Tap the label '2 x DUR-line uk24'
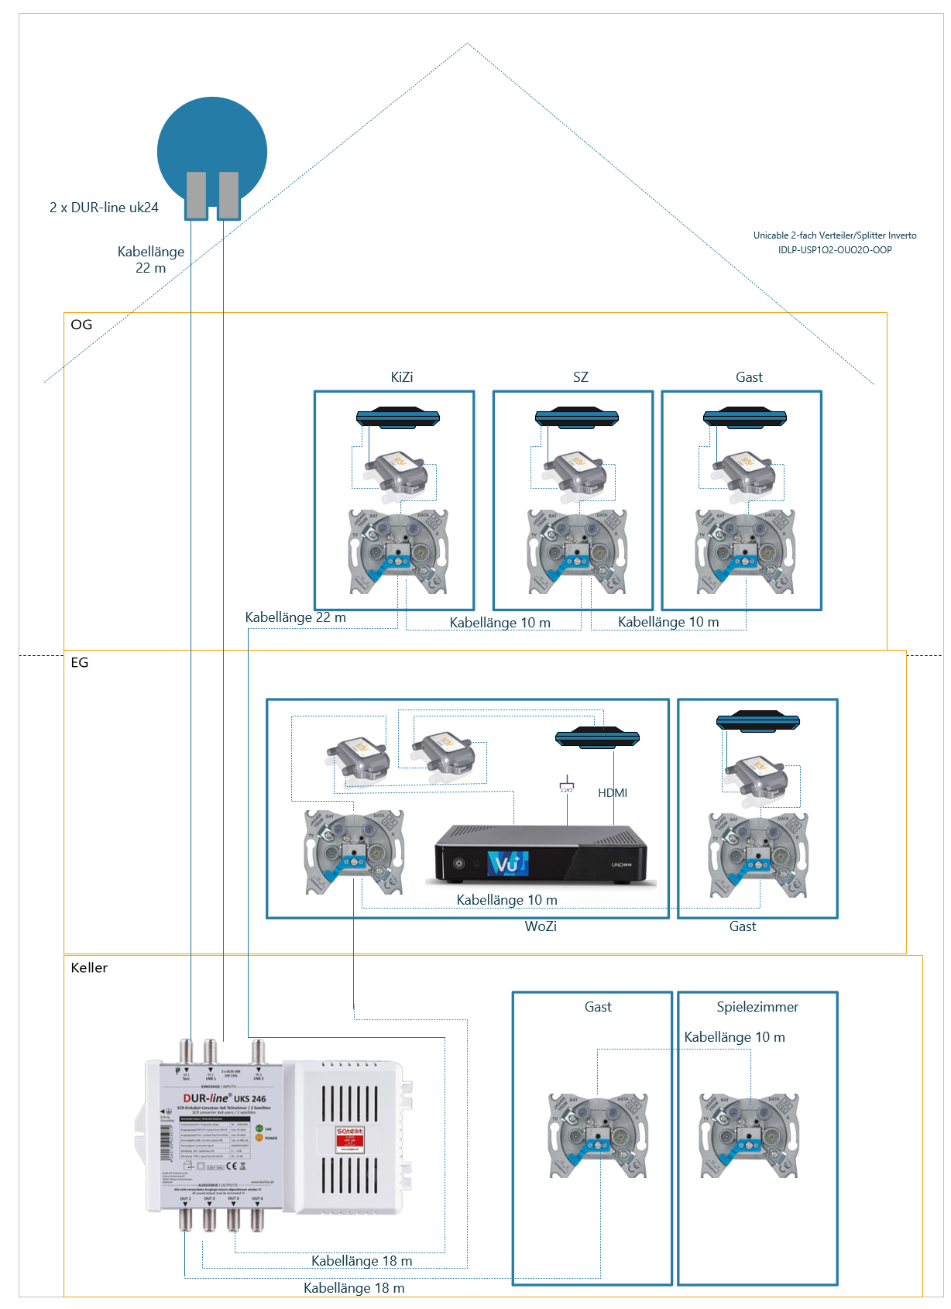pos(104,208)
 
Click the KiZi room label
pos(401,377)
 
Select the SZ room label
pos(580,377)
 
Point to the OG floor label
pos(81,325)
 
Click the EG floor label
pos(80,662)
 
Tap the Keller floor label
pos(89,967)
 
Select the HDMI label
pos(613,792)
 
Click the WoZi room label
pos(541,926)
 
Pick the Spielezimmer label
pos(757,1007)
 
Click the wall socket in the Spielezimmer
pos(748,1135)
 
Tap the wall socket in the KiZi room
pos(398,551)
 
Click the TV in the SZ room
pos(577,417)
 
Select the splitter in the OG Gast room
pos(743,471)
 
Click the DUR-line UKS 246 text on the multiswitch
pos(224,1098)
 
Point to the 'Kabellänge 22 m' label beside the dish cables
pos(151,259)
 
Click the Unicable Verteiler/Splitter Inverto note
pos(835,242)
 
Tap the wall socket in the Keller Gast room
pos(598,1135)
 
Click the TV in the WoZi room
pos(597,737)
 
